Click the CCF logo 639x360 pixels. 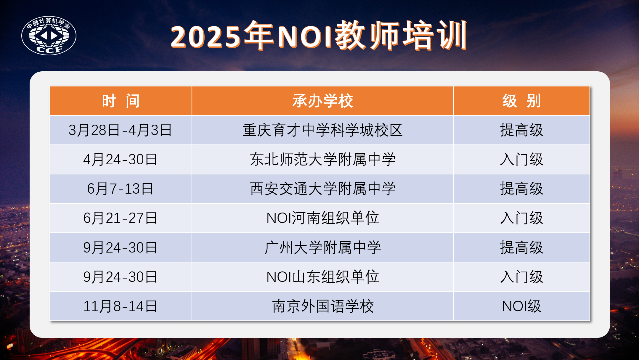pyautogui.click(x=49, y=36)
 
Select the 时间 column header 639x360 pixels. pyautogui.click(x=121, y=101)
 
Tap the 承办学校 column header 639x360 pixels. pyautogui.click(x=323, y=101)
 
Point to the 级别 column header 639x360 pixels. pyautogui.click(x=522, y=101)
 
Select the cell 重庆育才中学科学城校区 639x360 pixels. pyautogui.click(x=323, y=130)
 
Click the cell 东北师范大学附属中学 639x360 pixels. pyautogui.click(x=323, y=159)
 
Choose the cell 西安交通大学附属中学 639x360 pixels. pyautogui.click(x=323, y=189)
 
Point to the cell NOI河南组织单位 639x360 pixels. pyautogui.click(x=323, y=218)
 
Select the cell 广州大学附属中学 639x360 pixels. pyautogui.click(x=323, y=247)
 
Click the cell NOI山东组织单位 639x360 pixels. pyautogui.click(x=323, y=277)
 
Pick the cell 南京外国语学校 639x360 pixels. pyautogui.click(x=323, y=306)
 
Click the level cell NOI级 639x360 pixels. pyautogui.click(x=522, y=306)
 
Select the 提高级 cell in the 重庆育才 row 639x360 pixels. pyautogui.click(x=522, y=130)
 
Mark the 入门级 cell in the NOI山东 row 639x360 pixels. pyautogui.click(x=522, y=277)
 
